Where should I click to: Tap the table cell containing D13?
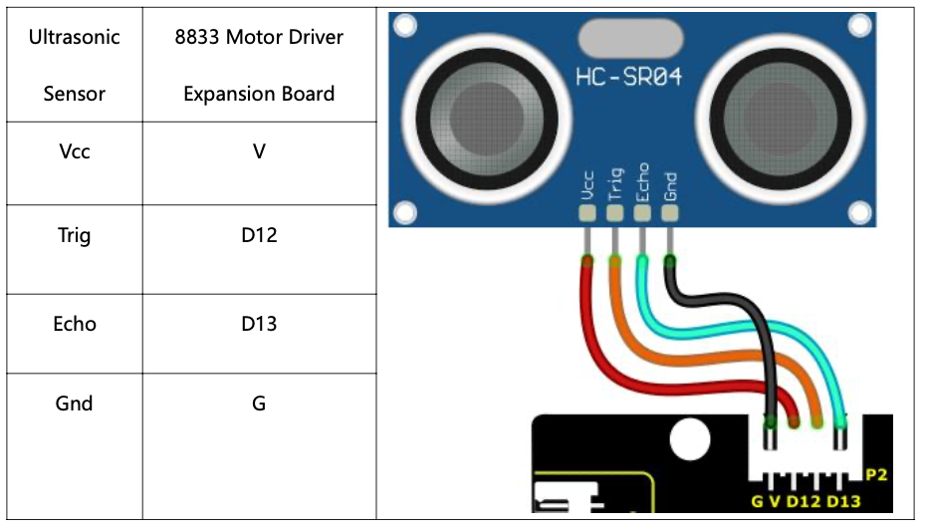[x=259, y=324]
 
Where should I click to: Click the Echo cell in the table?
[x=75, y=324]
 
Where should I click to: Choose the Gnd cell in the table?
[x=75, y=403]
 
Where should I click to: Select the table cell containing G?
[x=259, y=403]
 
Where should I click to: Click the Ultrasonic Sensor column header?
[x=75, y=66]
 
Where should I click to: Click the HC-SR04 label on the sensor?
[x=628, y=77]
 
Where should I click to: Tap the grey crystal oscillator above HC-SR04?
[x=630, y=40]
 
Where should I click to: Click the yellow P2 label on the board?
[x=876, y=475]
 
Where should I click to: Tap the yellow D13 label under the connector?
[x=843, y=500]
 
